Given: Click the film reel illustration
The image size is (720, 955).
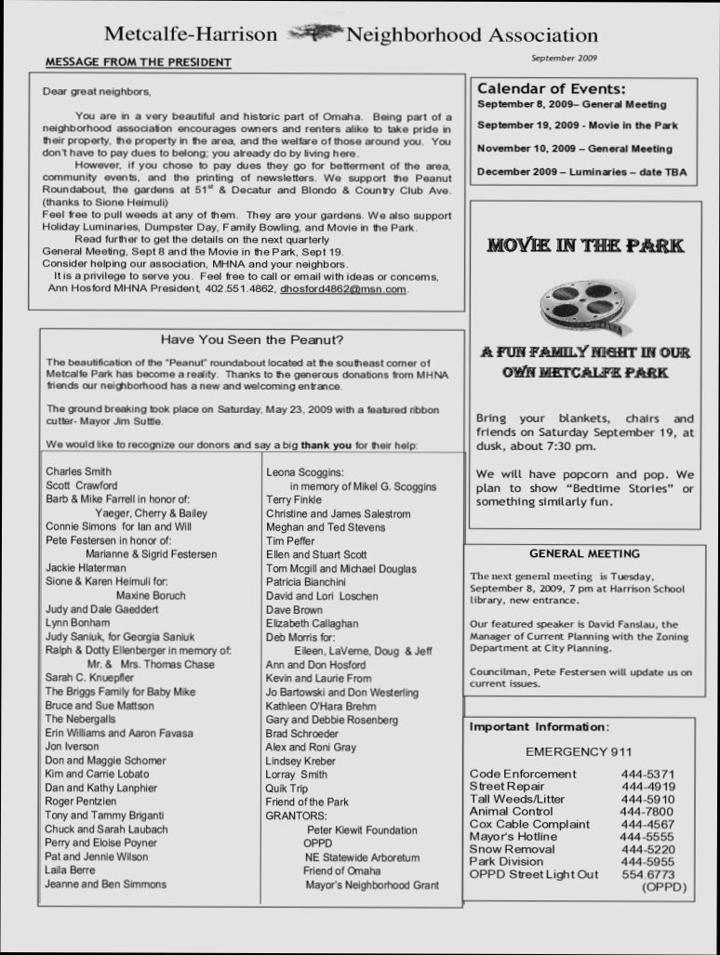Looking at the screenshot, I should point(585,305).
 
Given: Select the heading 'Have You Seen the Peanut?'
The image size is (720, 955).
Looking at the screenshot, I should point(252,339).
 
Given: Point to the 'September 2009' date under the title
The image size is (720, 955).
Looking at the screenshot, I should point(564,58).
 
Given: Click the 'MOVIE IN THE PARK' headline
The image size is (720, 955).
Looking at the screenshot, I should point(585,246).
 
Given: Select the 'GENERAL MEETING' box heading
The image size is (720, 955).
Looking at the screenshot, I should point(584,554).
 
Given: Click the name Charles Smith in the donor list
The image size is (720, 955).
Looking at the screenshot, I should point(78,471).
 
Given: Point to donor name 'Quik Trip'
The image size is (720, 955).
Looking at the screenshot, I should point(287,789).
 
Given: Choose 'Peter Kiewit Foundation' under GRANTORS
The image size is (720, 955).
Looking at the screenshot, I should point(362,830).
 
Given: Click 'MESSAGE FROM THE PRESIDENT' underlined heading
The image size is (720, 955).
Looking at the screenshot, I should point(139,62).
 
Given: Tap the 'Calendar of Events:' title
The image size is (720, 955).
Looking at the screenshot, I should point(552,89).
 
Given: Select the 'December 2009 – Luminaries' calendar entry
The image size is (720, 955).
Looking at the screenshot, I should point(581,172).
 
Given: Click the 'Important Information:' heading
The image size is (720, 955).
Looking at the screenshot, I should point(540,727).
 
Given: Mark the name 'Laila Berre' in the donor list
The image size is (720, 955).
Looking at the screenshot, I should point(71,870).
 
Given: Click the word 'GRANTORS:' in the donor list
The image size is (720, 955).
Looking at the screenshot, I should point(295,816).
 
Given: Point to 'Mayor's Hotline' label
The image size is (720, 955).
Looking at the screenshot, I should point(513,837).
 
